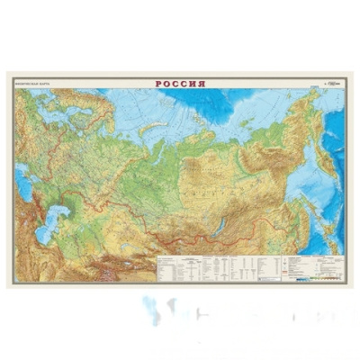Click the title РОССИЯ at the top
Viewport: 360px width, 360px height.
[180, 84]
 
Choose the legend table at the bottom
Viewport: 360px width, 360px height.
[207, 267]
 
